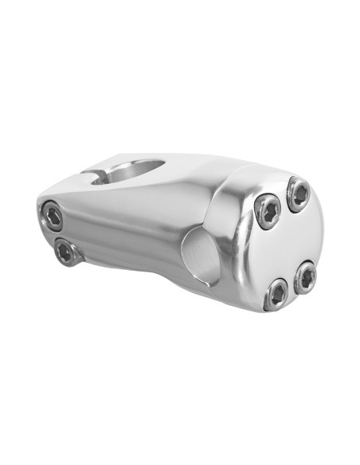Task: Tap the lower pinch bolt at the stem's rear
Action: [66, 252]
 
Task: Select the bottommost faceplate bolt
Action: [276, 293]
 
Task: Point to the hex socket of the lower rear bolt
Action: [66, 252]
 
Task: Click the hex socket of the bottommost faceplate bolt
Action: [276, 293]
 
